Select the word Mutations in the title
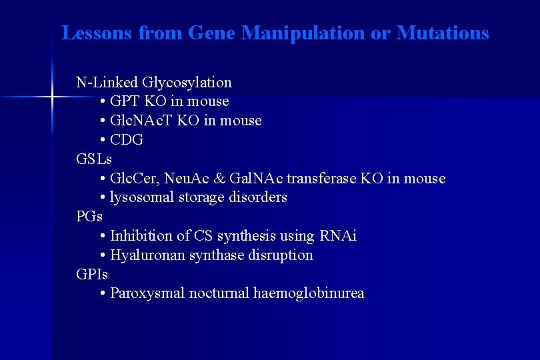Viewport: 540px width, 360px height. [443, 33]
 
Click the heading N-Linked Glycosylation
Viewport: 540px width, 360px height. [154, 83]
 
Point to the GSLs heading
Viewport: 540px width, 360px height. [94, 159]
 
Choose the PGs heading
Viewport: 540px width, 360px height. [89, 217]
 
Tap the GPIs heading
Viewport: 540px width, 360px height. [92, 274]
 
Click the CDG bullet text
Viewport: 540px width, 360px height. [127, 140]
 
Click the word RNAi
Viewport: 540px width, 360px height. [338, 236]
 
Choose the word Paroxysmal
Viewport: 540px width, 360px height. [147, 293]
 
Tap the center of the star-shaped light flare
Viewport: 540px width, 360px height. [51, 97]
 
